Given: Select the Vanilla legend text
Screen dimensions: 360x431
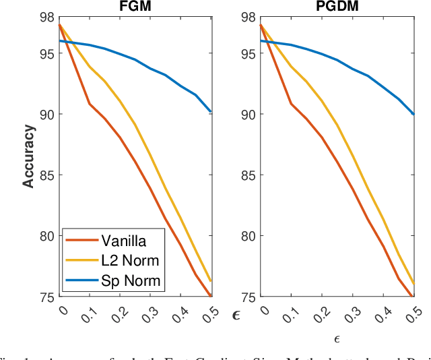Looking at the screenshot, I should (123, 240).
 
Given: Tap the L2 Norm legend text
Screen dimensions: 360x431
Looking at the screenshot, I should (127, 260).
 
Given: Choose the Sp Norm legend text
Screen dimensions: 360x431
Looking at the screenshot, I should (128, 280).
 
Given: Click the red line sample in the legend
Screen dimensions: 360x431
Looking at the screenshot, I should (81, 241).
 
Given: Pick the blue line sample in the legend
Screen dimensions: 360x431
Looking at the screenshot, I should (81, 280).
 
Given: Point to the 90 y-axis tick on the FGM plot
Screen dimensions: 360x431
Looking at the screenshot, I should (48, 114).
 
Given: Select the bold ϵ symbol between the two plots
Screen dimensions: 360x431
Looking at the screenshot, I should (236, 314).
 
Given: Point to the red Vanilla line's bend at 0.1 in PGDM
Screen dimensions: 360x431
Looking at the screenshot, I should (291, 104).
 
